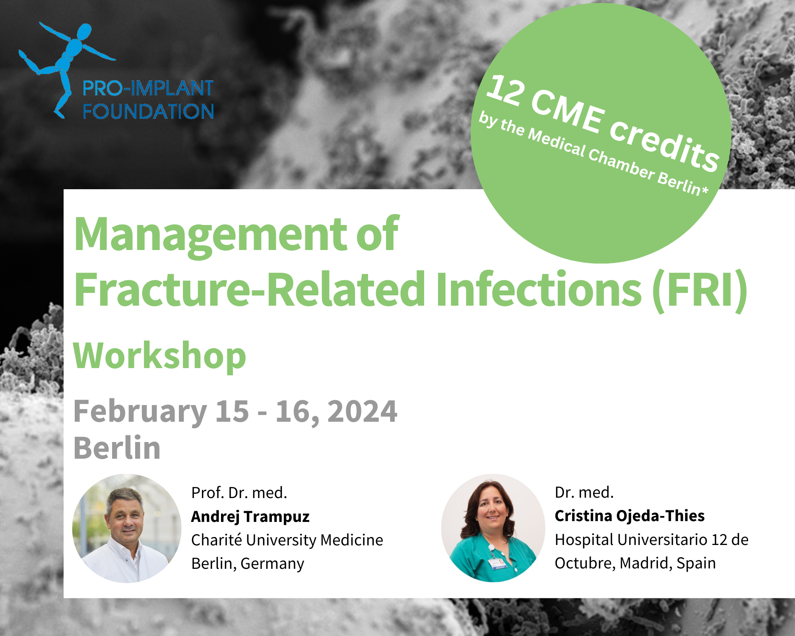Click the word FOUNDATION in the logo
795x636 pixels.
pos(148,112)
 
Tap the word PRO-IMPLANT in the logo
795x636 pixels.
pos(148,88)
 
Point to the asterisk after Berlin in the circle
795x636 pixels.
pos(705,191)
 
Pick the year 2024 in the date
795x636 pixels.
pos(362,411)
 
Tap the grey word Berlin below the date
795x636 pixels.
pos(117,448)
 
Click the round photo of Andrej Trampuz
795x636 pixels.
pos(127,528)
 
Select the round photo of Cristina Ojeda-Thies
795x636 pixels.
pos(493,528)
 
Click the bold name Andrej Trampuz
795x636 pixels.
pos(250,517)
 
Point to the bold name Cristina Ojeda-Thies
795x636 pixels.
pos(629,516)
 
